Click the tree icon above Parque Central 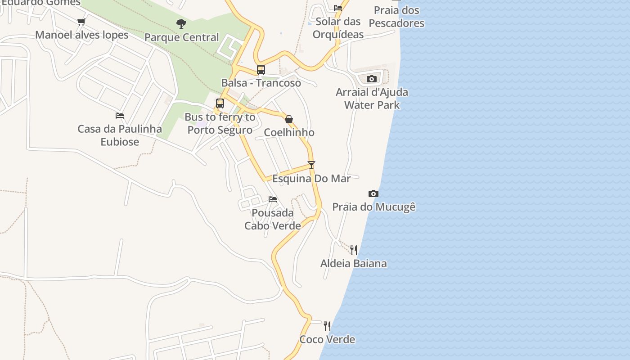(181, 23)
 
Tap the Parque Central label (181, 37)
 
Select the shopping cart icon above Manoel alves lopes (81, 22)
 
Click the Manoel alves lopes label (82, 35)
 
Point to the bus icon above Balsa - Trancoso (261, 70)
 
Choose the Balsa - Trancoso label (261, 83)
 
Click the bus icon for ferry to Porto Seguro (220, 103)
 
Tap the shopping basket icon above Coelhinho (289, 119)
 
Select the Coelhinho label (289, 132)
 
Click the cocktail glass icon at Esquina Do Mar (311, 165)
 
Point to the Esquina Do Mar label (311, 179)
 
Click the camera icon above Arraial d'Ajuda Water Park (371, 79)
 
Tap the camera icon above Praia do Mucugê (373, 193)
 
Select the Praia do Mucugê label (373, 207)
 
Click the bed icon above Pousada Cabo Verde (273, 199)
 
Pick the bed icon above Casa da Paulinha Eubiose (120, 116)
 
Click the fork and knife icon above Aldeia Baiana (354, 250)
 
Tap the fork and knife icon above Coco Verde (327, 326)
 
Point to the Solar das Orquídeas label (338, 28)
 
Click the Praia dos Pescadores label (396, 17)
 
